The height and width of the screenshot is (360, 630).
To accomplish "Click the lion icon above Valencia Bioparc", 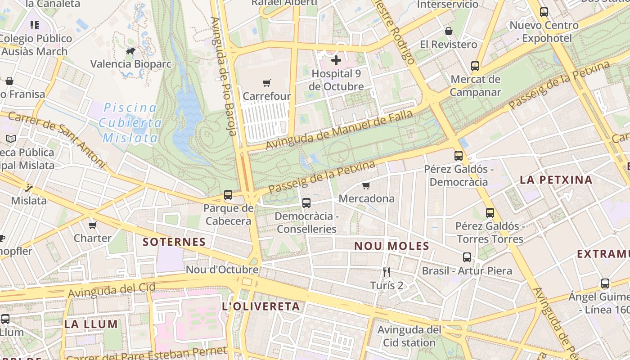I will [x=130, y=51].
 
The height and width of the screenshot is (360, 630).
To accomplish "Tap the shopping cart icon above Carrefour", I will [x=267, y=83].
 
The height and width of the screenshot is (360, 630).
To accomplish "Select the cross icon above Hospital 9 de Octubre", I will [x=336, y=60].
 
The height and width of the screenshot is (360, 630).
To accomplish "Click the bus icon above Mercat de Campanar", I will [x=475, y=66].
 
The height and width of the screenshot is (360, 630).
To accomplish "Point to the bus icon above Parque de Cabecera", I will [x=228, y=195].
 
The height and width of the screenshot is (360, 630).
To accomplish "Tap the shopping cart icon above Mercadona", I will [x=366, y=185].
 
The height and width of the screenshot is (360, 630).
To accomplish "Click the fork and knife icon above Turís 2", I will [x=387, y=272].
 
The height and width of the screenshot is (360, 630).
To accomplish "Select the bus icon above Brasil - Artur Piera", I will [x=467, y=257].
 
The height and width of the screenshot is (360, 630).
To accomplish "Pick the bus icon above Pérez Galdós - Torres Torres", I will [x=490, y=212].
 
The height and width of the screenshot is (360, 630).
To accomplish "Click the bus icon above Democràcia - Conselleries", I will [x=306, y=203].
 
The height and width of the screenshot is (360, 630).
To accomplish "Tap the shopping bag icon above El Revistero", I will [x=449, y=31].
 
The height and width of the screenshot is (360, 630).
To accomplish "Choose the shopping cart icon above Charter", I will [x=93, y=225].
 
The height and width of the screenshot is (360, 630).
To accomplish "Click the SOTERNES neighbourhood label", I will [x=174, y=242].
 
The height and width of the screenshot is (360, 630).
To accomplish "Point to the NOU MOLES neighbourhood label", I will [x=391, y=246].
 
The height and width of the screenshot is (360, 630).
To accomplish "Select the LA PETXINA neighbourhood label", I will [x=556, y=180].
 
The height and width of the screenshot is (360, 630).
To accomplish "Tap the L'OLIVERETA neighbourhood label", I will [x=261, y=306].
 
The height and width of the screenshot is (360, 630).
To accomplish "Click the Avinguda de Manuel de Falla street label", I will [x=339, y=130].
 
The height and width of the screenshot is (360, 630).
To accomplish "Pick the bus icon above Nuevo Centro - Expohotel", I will [x=544, y=12].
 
